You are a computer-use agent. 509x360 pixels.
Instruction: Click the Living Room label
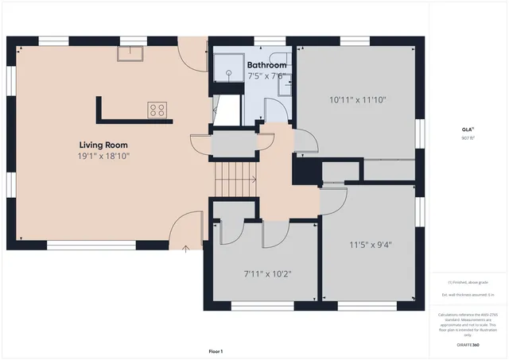pyautogui.click(x=103, y=145)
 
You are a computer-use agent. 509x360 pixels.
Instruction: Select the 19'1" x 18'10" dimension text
pyautogui.click(x=103, y=157)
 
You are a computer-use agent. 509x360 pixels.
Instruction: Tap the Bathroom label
pyautogui.click(x=266, y=65)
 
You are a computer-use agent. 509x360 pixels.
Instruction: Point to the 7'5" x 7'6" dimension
pyautogui.click(x=266, y=76)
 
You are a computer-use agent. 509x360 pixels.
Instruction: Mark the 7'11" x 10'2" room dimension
pyautogui.click(x=267, y=274)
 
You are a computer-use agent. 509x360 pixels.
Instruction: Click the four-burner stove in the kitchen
pyautogui.click(x=157, y=110)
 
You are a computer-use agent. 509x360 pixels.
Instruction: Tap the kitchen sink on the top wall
pyautogui.click(x=130, y=53)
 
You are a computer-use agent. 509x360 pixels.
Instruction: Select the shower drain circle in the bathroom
pyautogui.click(x=227, y=72)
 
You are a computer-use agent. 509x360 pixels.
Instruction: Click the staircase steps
pyautogui.click(x=234, y=180)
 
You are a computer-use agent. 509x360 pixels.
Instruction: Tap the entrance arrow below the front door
pyautogui.click(x=186, y=249)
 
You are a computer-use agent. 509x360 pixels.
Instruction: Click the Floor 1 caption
pyautogui.click(x=216, y=350)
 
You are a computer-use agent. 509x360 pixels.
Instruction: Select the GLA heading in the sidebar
pyautogui.click(x=467, y=130)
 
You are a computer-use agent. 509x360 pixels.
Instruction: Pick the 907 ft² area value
pyautogui.click(x=467, y=137)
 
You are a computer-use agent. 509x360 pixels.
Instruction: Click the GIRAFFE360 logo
pyautogui.click(x=468, y=346)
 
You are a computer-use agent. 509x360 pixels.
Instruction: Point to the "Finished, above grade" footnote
pyautogui.click(x=468, y=282)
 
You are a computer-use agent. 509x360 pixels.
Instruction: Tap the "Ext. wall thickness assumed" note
pyautogui.click(x=468, y=295)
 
